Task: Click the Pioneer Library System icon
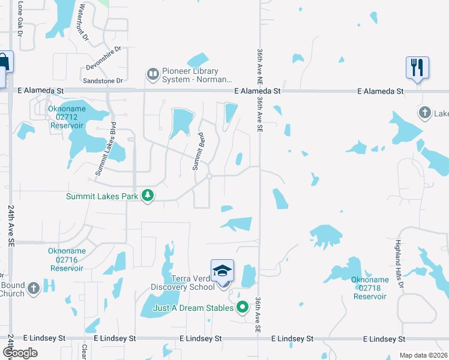click(x=152, y=74)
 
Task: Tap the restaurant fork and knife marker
click(x=417, y=67)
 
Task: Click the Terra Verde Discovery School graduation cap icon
click(x=222, y=270)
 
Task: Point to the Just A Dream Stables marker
click(x=243, y=308)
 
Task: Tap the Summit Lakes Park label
click(x=103, y=196)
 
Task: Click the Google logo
click(x=20, y=353)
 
